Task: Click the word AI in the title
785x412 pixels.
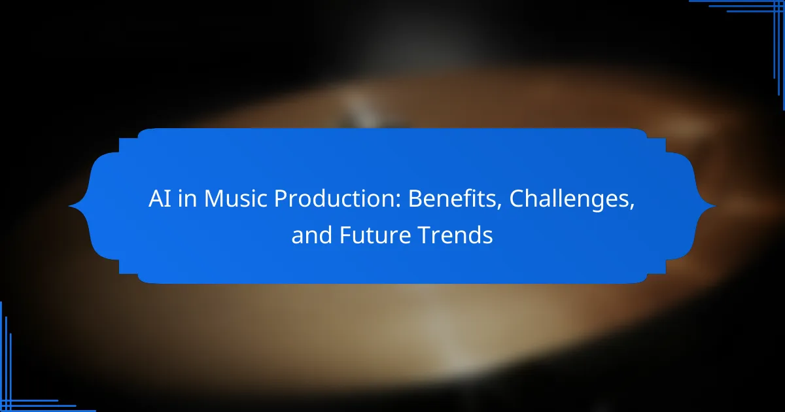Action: (x=160, y=199)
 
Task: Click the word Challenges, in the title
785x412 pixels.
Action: (x=572, y=199)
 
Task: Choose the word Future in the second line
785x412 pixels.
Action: (x=375, y=235)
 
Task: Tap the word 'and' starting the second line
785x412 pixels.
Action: (x=311, y=235)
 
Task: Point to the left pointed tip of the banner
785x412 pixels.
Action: (x=69, y=207)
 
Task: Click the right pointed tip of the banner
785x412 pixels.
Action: (x=715, y=207)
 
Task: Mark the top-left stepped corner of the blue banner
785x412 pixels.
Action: (x=120, y=139)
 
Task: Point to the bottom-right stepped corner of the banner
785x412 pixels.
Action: (x=665, y=273)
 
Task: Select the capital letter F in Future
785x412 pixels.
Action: (x=345, y=235)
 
